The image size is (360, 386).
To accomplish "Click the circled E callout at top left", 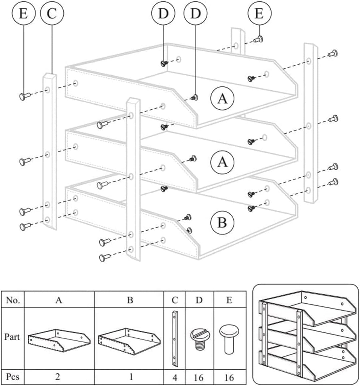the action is click(24, 13).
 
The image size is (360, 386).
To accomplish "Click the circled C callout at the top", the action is click(52, 13).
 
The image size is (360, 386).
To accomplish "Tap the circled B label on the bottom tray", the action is click(222, 223).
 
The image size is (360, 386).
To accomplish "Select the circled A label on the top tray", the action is click(222, 98).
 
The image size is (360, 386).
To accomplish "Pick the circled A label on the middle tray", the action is click(222, 162).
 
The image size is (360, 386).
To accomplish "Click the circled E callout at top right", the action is click(259, 13).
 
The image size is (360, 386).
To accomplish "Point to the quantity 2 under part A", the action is click(58, 376).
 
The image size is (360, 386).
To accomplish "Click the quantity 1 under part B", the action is click(131, 376).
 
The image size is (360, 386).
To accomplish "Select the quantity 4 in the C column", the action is click(174, 377).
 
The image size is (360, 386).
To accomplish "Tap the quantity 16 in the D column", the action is click(199, 377).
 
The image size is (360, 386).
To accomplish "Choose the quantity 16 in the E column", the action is click(229, 377).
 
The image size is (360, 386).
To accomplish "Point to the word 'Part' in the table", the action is click(12, 336).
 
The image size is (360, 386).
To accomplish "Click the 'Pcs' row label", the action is click(13, 376).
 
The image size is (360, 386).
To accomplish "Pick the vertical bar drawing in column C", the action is click(174, 339).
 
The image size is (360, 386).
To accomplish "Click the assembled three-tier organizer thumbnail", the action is click(306, 335).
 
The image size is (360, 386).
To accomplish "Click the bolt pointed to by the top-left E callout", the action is click(25, 96).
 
